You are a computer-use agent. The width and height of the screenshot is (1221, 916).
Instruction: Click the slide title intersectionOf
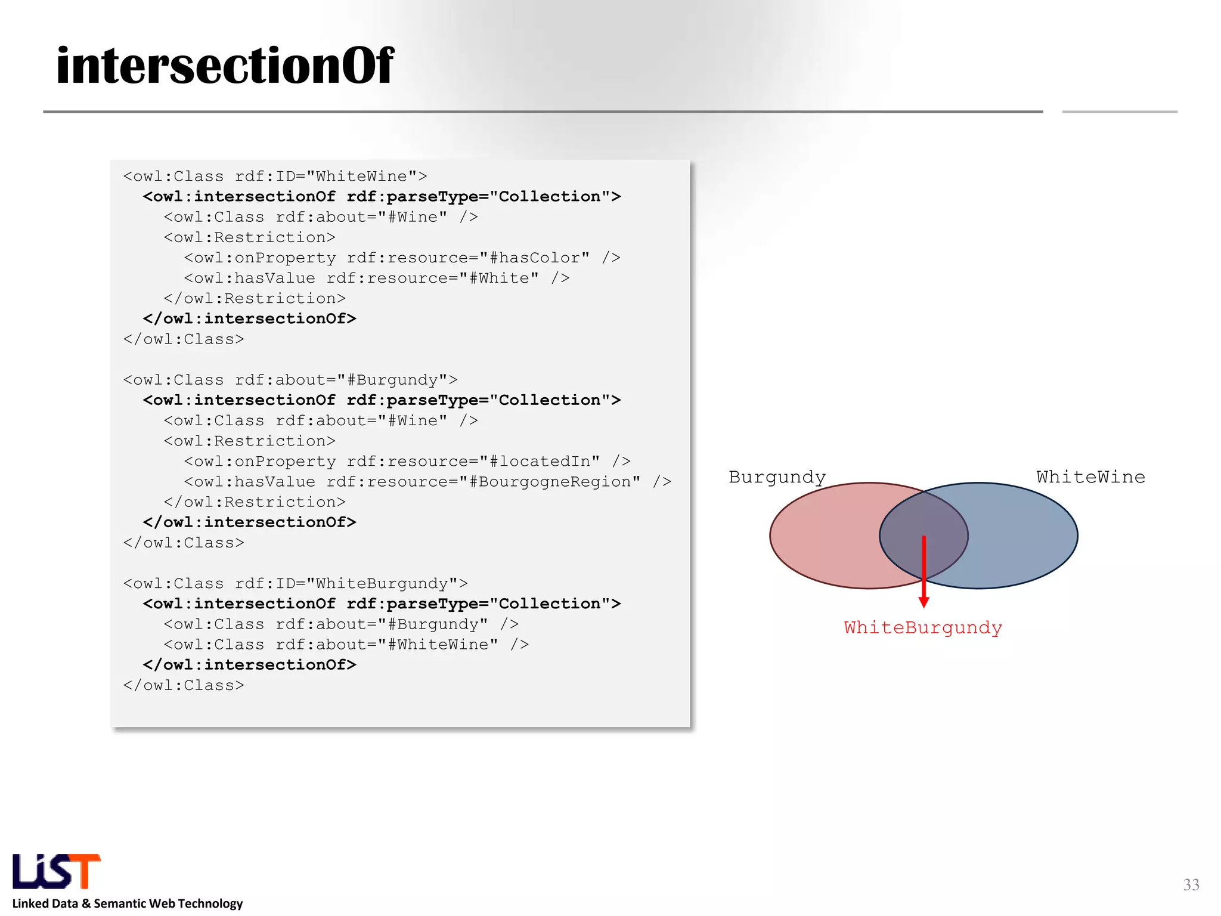[225, 66]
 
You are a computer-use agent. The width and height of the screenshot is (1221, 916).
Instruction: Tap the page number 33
[1191, 884]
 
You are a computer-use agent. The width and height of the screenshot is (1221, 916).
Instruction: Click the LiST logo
[57, 871]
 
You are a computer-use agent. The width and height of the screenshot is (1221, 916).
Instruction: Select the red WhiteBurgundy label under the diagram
[923, 628]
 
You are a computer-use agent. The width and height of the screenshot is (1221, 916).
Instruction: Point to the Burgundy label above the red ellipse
[777, 477]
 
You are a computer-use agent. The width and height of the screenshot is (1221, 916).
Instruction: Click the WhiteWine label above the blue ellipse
[1090, 477]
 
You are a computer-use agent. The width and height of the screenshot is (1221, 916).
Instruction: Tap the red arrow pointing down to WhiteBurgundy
[924, 572]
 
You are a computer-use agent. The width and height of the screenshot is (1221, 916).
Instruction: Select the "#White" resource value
[499, 278]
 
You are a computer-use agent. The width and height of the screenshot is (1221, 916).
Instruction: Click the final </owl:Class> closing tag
[184, 685]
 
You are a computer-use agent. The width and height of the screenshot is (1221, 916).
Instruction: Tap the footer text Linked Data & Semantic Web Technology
[128, 903]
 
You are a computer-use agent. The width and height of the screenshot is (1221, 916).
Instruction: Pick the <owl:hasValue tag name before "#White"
[250, 278]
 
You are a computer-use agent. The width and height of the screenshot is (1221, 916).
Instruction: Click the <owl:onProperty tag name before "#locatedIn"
[260, 461]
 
